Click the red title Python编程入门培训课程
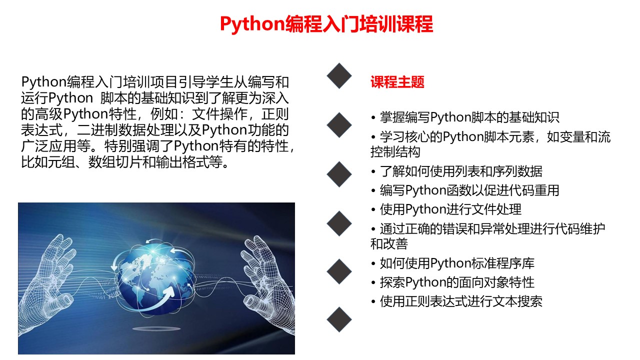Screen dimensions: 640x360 [326, 24]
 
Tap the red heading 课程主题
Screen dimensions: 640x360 [397, 82]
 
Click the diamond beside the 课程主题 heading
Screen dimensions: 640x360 [339, 75]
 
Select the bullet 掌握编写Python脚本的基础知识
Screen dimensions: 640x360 [465, 117]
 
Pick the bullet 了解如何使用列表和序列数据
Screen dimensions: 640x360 [457, 171]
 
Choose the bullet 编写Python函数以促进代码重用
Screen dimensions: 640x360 [465, 190]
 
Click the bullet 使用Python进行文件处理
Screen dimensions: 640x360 [446, 209]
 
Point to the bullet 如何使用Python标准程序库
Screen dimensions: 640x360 [453, 263]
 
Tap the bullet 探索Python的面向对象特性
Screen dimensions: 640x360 [453, 282]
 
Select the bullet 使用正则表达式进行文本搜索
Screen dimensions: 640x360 [457, 301]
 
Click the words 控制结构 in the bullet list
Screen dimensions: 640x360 [395, 151]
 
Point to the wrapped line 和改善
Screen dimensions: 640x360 [389, 243]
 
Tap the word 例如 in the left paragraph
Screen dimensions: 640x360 [164, 114]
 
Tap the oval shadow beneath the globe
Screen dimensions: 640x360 [156, 329]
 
